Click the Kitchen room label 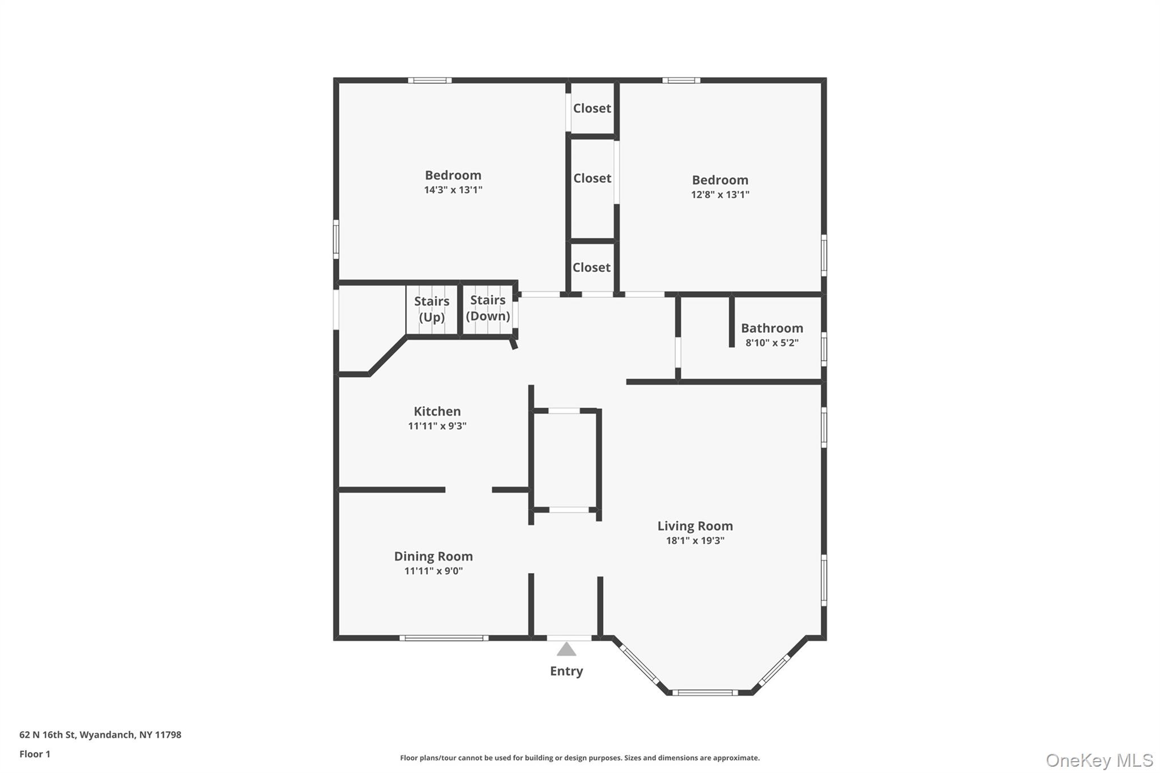pyautogui.click(x=437, y=412)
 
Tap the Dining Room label pyautogui.click(x=433, y=557)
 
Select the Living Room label pyautogui.click(x=695, y=526)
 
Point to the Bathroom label pyautogui.click(x=772, y=328)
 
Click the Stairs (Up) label pyautogui.click(x=432, y=309)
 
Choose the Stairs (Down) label pyautogui.click(x=488, y=308)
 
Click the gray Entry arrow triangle pyautogui.click(x=566, y=650)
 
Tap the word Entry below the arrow pyautogui.click(x=566, y=671)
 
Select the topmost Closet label pyautogui.click(x=592, y=108)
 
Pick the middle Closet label pyautogui.click(x=592, y=178)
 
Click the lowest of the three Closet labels pyautogui.click(x=591, y=267)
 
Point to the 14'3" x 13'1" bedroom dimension pyautogui.click(x=453, y=190)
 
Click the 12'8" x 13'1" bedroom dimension pyautogui.click(x=720, y=195)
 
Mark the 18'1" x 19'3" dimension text pyautogui.click(x=695, y=541)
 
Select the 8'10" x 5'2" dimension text pyautogui.click(x=772, y=343)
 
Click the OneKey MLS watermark pyautogui.click(x=1099, y=760)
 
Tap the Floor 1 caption pyautogui.click(x=35, y=754)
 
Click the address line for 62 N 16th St pyautogui.click(x=100, y=735)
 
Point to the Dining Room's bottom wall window pyautogui.click(x=443, y=638)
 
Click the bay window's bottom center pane pyautogui.click(x=705, y=692)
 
